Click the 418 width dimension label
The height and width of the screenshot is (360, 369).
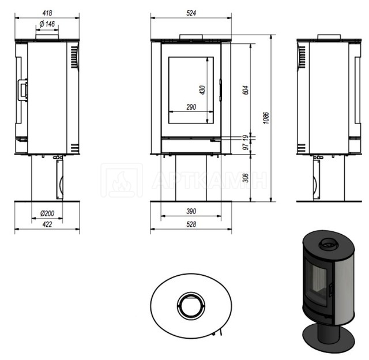pyautogui.click(x=47, y=13)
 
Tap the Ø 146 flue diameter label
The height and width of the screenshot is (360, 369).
pyautogui.click(x=47, y=24)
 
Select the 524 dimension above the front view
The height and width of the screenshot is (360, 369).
pyautogui.click(x=191, y=13)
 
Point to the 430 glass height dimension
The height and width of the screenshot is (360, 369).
pyautogui.click(x=202, y=90)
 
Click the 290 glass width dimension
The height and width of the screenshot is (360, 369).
pyautogui.click(x=191, y=107)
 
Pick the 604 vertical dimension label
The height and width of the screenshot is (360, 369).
pyautogui.click(x=245, y=90)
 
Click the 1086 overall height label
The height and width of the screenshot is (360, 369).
pyautogui.click(x=266, y=118)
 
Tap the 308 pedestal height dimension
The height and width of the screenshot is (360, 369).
pyautogui.click(x=245, y=178)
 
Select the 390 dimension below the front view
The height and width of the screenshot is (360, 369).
pyautogui.click(x=191, y=211)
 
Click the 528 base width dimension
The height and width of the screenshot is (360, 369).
pyautogui.click(x=191, y=224)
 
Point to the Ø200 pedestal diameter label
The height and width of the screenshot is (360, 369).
pyautogui.click(x=47, y=213)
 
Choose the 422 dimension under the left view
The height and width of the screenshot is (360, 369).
pyautogui.click(x=47, y=224)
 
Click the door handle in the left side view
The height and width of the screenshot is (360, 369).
pyautogui.click(x=22, y=90)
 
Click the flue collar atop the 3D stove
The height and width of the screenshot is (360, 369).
pyautogui.click(x=329, y=245)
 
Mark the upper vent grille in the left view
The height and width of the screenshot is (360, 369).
pyautogui.click(x=74, y=57)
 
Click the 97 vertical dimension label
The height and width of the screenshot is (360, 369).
pyautogui.click(x=245, y=147)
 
